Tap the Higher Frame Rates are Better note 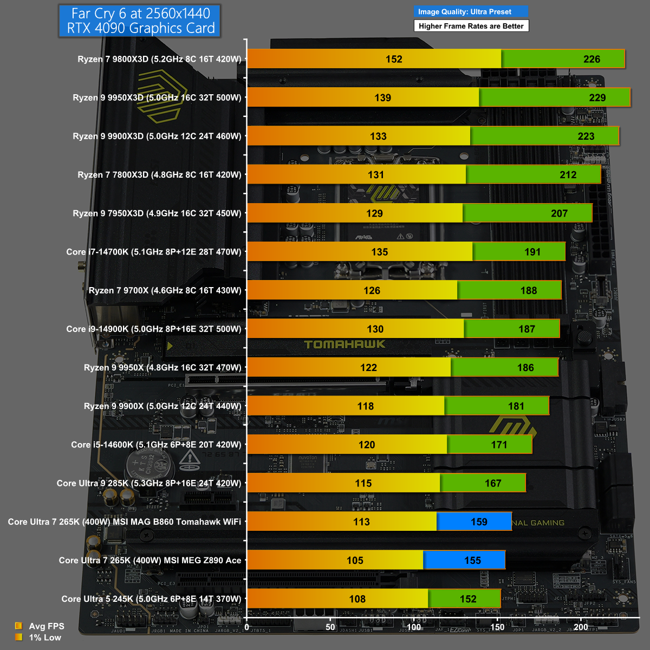(471, 26)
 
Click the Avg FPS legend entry (46, 626)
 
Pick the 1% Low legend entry (45, 638)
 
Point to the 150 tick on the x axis (497, 627)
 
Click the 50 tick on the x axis (330, 627)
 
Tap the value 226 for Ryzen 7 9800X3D (591, 59)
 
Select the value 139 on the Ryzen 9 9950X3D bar (382, 97)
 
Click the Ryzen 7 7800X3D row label (159, 175)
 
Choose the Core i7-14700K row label (154, 252)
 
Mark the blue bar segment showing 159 (474, 522)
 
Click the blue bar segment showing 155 (464, 560)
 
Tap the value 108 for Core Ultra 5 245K (357, 599)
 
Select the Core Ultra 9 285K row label (149, 483)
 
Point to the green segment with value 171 (490, 445)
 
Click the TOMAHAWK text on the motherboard (345, 344)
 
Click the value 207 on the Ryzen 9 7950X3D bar (559, 213)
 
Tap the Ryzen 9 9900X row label (162, 406)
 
